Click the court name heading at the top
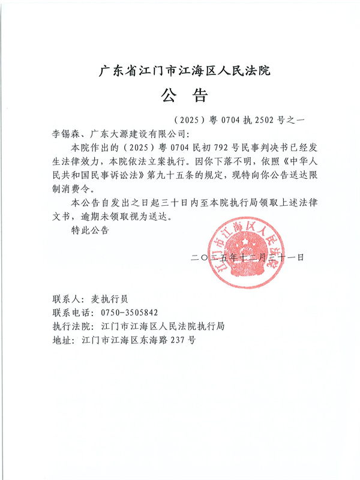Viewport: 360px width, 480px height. (184, 71)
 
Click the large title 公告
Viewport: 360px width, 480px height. (183, 95)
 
